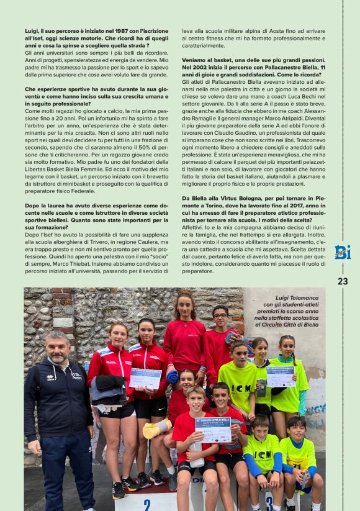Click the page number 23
point(343,281)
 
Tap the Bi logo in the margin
point(343,252)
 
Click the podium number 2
point(146,504)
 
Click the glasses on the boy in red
point(220,316)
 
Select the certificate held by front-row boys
point(213,429)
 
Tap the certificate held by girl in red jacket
point(145,378)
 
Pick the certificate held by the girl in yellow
point(281,376)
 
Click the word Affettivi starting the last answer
point(194,228)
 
